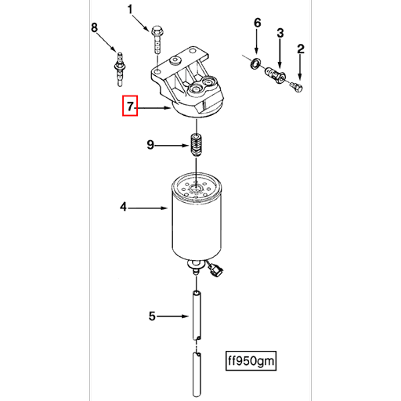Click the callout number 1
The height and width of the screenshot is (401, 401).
click(x=131, y=9)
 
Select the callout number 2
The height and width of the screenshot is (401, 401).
click(x=300, y=51)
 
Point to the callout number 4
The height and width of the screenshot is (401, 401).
click(x=123, y=208)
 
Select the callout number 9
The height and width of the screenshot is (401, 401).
click(x=152, y=144)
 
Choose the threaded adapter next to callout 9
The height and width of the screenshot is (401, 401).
click(x=196, y=146)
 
